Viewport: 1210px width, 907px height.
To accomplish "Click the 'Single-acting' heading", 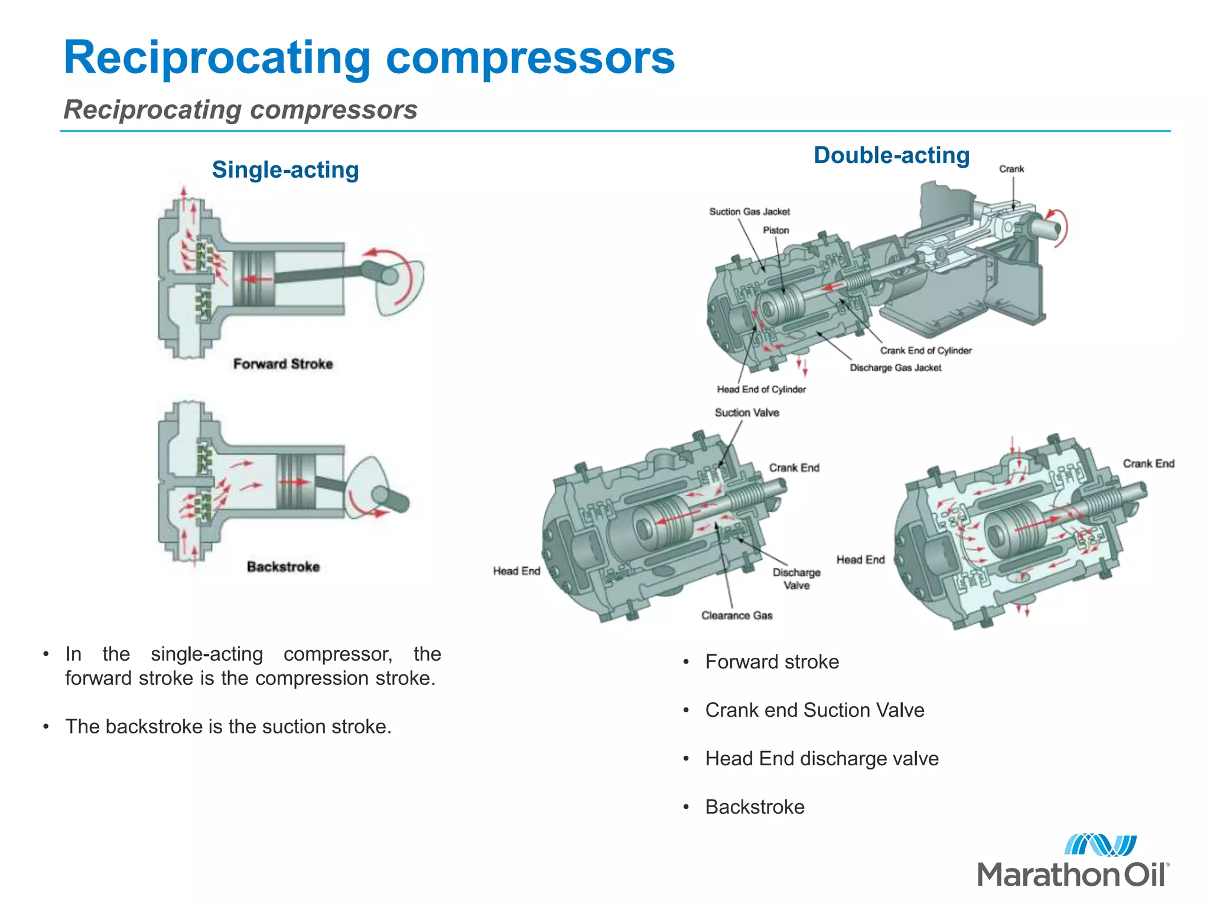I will point(285,170).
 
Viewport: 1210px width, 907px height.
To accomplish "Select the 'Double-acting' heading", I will point(892,155).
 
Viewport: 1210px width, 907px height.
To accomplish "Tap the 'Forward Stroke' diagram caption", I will point(283,364).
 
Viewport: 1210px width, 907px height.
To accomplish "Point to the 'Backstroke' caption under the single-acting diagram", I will point(283,567).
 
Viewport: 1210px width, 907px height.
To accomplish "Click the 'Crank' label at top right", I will point(1011,169).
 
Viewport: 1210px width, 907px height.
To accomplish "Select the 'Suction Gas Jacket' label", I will point(749,211).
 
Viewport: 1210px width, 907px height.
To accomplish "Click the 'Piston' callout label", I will point(776,230).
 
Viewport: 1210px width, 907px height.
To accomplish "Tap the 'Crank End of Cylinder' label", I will point(926,350).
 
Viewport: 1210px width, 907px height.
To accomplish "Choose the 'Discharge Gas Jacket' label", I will point(896,367).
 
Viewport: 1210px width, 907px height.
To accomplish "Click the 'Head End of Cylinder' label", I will point(761,389).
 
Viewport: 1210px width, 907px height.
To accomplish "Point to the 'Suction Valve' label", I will point(747,413).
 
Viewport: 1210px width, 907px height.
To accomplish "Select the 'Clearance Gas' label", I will point(737,615).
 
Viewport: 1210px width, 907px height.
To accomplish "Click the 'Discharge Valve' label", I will point(796,579).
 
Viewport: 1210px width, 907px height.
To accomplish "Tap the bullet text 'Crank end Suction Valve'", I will point(814,710).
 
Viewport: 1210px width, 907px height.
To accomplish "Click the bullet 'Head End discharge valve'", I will point(821,758).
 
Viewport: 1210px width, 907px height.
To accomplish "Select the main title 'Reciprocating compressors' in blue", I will point(369,57).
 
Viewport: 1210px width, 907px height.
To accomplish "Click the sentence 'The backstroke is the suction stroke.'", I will point(228,726).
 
